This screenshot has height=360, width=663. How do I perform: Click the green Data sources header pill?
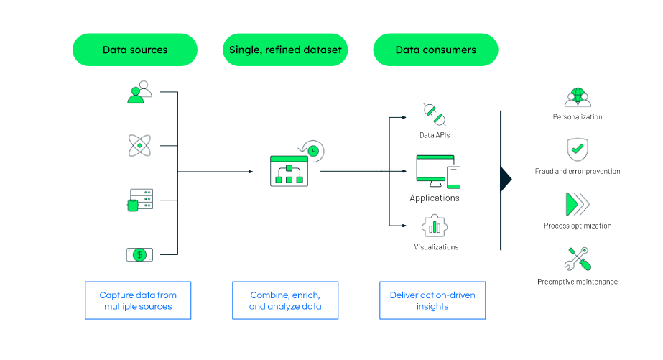(135, 50)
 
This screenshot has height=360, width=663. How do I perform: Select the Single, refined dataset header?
(285, 50)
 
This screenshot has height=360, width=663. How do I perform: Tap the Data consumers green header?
(435, 50)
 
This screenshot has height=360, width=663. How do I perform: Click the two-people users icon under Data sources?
(139, 92)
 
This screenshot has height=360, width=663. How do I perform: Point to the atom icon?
(139, 146)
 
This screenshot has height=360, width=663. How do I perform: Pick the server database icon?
(140, 200)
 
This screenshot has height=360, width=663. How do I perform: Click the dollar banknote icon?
(139, 254)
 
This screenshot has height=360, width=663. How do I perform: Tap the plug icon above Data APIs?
(435, 115)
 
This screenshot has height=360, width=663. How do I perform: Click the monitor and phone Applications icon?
(438, 171)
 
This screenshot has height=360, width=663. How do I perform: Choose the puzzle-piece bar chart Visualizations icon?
(435, 226)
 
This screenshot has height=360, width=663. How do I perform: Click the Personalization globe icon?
(578, 97)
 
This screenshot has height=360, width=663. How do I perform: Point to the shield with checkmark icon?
(578, 149)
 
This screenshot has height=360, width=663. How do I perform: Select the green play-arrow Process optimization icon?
(578, 204)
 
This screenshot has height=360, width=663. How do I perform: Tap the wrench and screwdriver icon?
(578, 259)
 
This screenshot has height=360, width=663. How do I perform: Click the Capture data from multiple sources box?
(138, 300)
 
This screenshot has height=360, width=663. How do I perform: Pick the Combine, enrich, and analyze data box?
(285, 300)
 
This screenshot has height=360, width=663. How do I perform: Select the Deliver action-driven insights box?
(432, 300)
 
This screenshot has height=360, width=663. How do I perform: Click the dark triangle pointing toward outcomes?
(506, 180)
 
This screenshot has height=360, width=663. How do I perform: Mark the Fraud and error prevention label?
(578, 171)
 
